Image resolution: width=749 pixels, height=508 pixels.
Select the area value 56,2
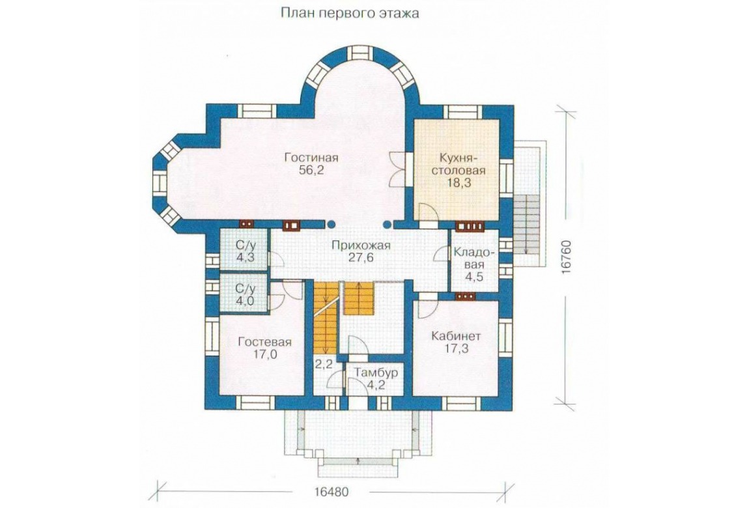point(311,171)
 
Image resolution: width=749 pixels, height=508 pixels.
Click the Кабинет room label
point(456,336)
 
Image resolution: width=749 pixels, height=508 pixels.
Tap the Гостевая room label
point(264,343)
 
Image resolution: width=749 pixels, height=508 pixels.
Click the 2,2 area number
point(324,365)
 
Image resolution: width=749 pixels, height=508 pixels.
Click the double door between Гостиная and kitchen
point(399,169)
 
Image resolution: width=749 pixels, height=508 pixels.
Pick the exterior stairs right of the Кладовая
point(526,225)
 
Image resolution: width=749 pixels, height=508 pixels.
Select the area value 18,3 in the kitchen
point(460,182)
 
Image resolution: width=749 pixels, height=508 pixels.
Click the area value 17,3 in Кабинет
point(456,349)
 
